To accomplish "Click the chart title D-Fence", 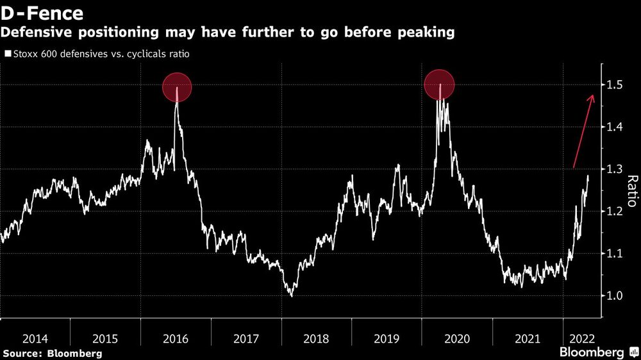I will pos(42,13).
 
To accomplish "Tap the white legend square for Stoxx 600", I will pos(7,54).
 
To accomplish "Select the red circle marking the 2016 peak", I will pos(177,87).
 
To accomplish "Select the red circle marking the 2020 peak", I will pos(440,85).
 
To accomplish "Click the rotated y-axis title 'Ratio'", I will pos(631,191).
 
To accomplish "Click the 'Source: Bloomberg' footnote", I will pos(52,353).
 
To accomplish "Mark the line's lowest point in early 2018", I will pos(292,296).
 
